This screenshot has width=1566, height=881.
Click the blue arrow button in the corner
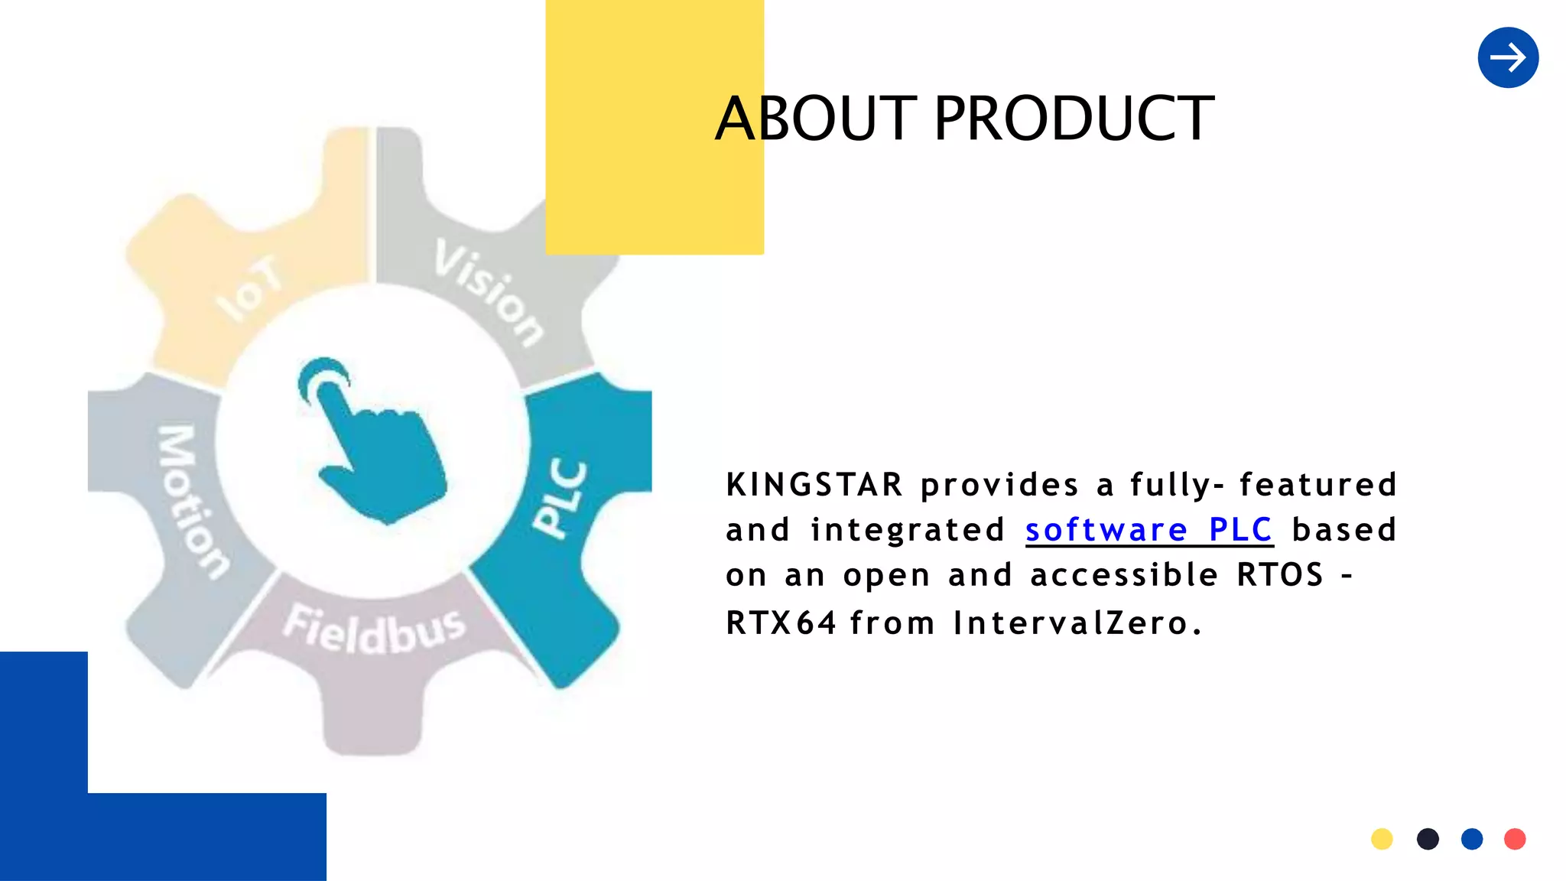[x=1508, y=57]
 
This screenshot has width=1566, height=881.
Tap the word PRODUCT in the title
[x=1074, y=119]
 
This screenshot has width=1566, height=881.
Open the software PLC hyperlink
[x=1149, y=530]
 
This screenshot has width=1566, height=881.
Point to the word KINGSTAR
[x=814, y=485]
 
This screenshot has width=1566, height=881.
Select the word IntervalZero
[x=1077, y=623]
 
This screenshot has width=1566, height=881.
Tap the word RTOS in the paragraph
[x=1280, y=575]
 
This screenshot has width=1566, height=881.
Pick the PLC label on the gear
[x=560, y=499]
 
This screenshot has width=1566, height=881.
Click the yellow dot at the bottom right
[x=1382, y=839]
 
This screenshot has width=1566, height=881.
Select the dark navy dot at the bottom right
[x=1428, y=839]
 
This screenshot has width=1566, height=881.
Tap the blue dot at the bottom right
[x=1472, y=839]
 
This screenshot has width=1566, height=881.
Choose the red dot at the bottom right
[x=1515, y=839]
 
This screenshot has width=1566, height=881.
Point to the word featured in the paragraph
[x=1318, y=485]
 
